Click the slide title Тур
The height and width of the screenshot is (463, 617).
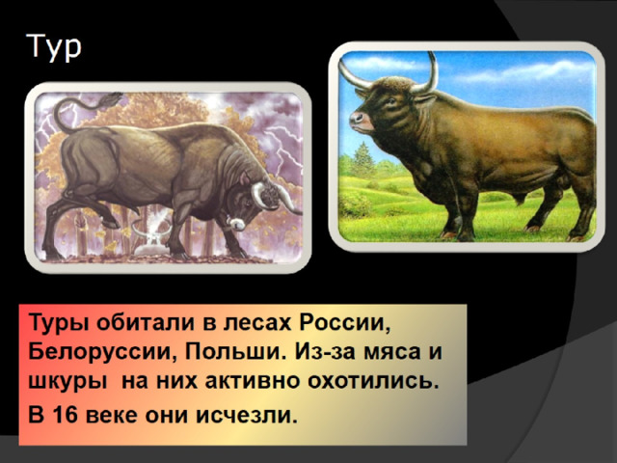54,47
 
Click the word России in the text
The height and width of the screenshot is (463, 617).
345,323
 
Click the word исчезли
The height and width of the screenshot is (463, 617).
247,416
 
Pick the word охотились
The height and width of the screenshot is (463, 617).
373,381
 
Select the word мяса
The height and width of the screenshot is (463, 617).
391,352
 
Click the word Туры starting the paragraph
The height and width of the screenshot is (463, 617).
59,324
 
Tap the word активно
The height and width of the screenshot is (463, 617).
251,382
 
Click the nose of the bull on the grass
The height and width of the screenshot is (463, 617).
357,118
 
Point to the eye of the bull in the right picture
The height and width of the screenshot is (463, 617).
391,100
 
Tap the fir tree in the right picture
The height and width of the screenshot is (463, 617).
362,160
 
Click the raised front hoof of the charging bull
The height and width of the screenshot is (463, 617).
111,224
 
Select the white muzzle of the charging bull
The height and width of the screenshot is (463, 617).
236,223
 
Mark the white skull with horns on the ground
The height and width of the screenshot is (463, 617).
151,240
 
